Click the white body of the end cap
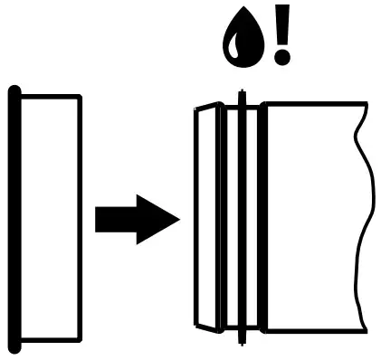[51, 217]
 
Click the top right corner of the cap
[79, 97]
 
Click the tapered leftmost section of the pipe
[208, 217]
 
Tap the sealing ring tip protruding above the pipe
[241, 96]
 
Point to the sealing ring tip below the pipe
[241, 339]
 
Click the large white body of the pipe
[312, 217]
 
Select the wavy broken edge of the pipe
[367, 217]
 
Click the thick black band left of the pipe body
[262, 217]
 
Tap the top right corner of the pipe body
[365, 104]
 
